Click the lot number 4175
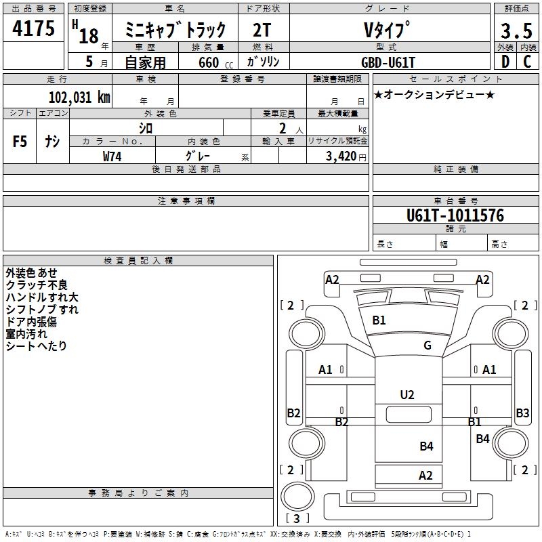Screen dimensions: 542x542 pyautogui.click(x=33, y=30)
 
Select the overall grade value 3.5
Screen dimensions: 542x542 pyautogui.click(x=516, y=31)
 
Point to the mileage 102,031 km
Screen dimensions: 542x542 pyautogui.click(x=79, y=97)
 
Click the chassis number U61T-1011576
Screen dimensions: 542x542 pyautogui.click(x=455, y=215)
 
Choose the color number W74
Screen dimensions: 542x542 pyautogui.click(x=112, y=157)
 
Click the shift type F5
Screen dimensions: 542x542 pyautogui.click(x=20, y=142)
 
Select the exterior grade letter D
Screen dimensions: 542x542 pyautogui.click(x=505, y=62)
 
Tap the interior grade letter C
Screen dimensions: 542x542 pyautogui.click(x=527, y=62)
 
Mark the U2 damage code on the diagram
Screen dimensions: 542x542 pyautogui.click(x=406, y=394)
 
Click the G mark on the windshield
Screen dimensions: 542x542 pyautogui.click(x=427, y=346)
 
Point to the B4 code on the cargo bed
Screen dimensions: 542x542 pyautogui.click(x=425, y=446)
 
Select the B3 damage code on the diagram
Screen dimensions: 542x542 pyautogui.click(x=522, y=413)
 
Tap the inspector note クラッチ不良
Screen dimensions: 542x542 pyautogui.click(x=37, y=285)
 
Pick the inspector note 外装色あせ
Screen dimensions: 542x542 pyautogui.click(x=32, y=272)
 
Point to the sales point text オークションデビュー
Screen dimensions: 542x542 pyautogui.click(x=434, y=94)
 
